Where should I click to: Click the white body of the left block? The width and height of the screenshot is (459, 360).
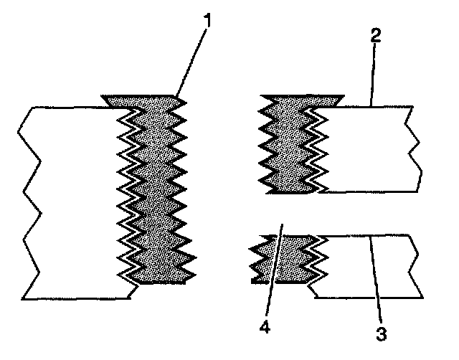(72, 201)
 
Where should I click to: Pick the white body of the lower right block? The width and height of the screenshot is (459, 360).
(366, 265)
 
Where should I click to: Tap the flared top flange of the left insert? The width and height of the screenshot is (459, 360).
(143, 100)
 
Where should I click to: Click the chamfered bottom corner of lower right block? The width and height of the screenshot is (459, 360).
(313, 290)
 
